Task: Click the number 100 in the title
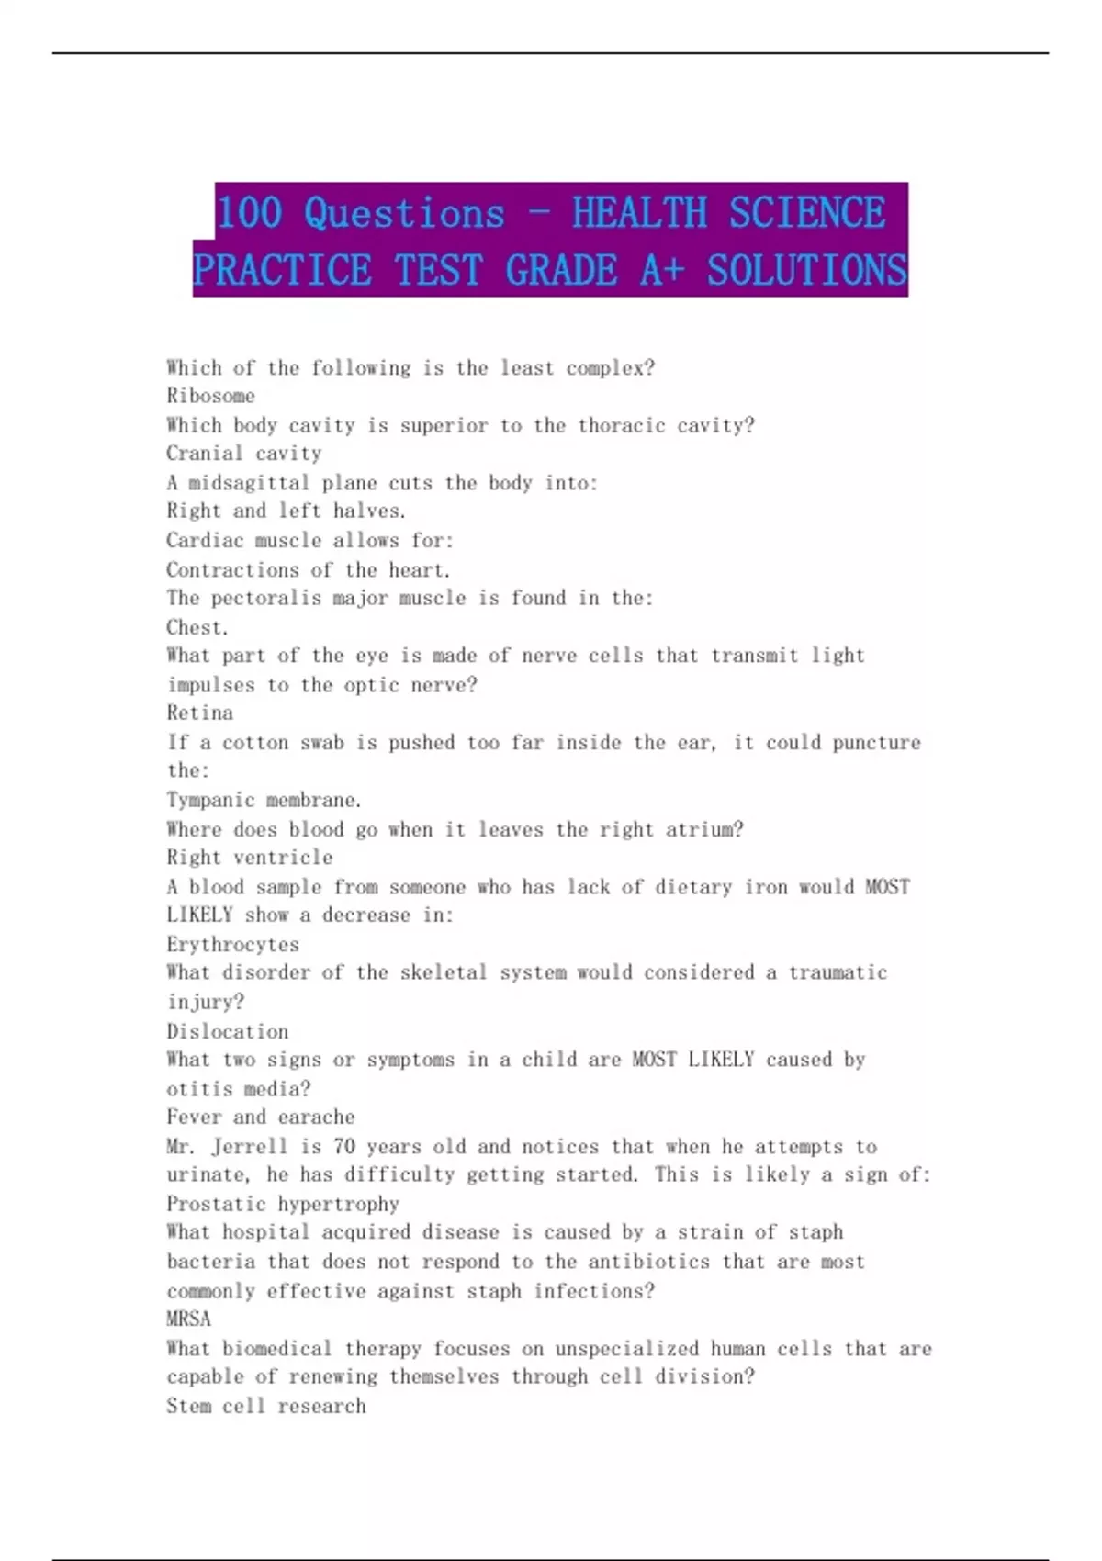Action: (249, 213)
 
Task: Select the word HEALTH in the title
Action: (639, 213)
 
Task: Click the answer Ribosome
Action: (210, 396)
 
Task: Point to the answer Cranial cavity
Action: (243, 454)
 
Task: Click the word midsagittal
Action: (249, 483)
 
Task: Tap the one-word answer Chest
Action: (197, 627)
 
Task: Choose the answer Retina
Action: (199, 713)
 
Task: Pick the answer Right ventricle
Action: (249, 858)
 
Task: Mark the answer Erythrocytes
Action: (232, 944)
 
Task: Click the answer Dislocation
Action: (227, 1031)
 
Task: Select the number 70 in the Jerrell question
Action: (343, 1147)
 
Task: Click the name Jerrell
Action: (249, 1147)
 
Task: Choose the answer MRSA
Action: (188, 1319)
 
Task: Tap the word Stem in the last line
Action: (188, 1406)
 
